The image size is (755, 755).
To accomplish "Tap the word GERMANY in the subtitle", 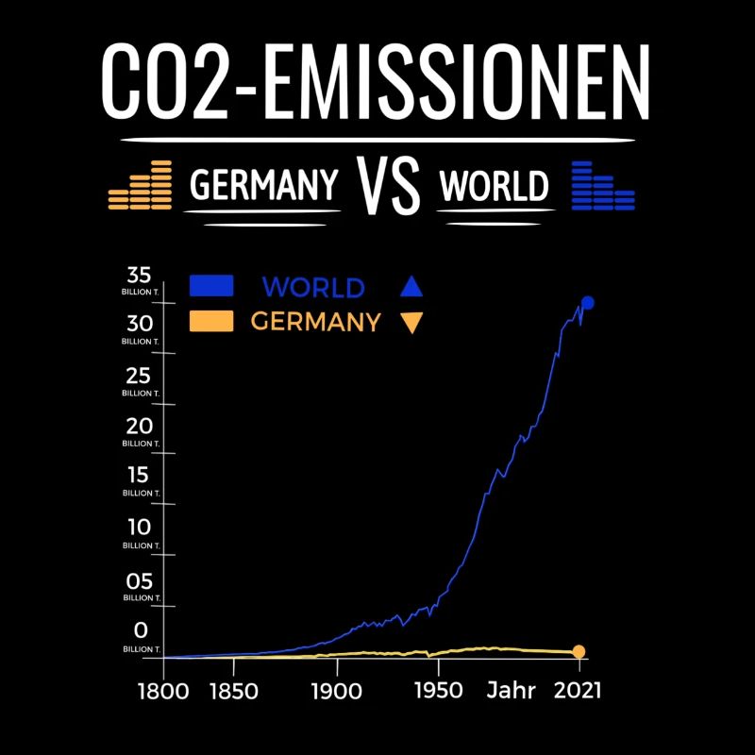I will pyautogui.click(x=264, y=186).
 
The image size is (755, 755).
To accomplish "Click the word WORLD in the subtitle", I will pyautogui.click(x=494, y=187).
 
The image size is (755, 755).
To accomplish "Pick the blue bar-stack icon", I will pyautogui.click(x=603, y=186).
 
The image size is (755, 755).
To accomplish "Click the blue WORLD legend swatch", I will pyautogui.click(x=211, y=286).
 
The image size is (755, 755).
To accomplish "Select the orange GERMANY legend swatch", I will pyautogui.click(x=211, y=322).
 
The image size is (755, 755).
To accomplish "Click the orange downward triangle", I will pyautogui.click(x=411, y=324).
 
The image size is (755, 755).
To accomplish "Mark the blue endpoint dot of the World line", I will pyautogui.click(x=587, y=303).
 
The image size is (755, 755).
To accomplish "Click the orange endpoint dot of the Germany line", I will pyautogui.click(x=579, y=651).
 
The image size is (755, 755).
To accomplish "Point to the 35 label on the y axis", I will pyautogui.click(x=140, y=276).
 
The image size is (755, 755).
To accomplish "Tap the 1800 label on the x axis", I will pyautogui.click(x=164, y=691).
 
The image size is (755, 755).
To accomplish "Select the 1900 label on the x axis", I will pyautogui.click(x=336, y=691).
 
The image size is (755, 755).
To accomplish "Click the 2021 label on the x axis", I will pyautogui.click(x=577, y=691).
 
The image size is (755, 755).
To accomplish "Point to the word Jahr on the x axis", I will pyautogui.click(x=512, y=691).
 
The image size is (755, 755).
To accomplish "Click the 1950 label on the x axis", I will pyautogui.click(x=439, y=691).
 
